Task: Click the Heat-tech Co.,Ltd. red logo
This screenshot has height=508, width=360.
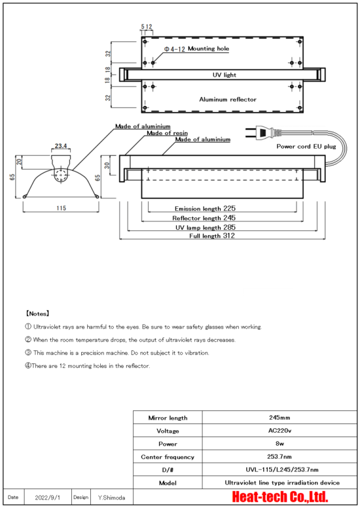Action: pos(280,497)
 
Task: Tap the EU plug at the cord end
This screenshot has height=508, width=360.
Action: pos(261,132)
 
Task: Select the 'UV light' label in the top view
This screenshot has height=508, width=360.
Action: pos(225,75)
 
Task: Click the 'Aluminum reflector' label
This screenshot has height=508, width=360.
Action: pos(228,100)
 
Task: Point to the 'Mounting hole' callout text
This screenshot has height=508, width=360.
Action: pos(208,48)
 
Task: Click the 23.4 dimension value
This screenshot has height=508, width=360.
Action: pos(61,146)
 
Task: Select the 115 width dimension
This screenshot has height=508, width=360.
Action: pos(61,208)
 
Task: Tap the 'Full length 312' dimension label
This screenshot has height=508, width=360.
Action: pos(212,236)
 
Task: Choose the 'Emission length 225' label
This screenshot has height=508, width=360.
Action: pos(205,208)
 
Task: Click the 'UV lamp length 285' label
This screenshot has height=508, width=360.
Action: pos(206,227)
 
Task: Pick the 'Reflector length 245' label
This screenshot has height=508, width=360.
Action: pos(204,218)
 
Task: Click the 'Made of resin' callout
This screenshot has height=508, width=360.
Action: pos(167,133)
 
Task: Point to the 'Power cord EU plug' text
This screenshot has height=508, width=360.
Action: pos(306,147)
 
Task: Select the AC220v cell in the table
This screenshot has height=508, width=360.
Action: pos(279,431)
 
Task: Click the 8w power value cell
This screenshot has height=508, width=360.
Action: pos(279,444)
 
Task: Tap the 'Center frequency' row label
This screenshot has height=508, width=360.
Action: pos(168,457)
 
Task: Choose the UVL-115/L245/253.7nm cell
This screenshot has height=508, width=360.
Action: pos(279,469)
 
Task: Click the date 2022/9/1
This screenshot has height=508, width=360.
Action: pos(48,498)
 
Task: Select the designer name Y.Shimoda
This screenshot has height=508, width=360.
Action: pos(111,498)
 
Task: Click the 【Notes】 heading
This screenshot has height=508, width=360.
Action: pos(37,314)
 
